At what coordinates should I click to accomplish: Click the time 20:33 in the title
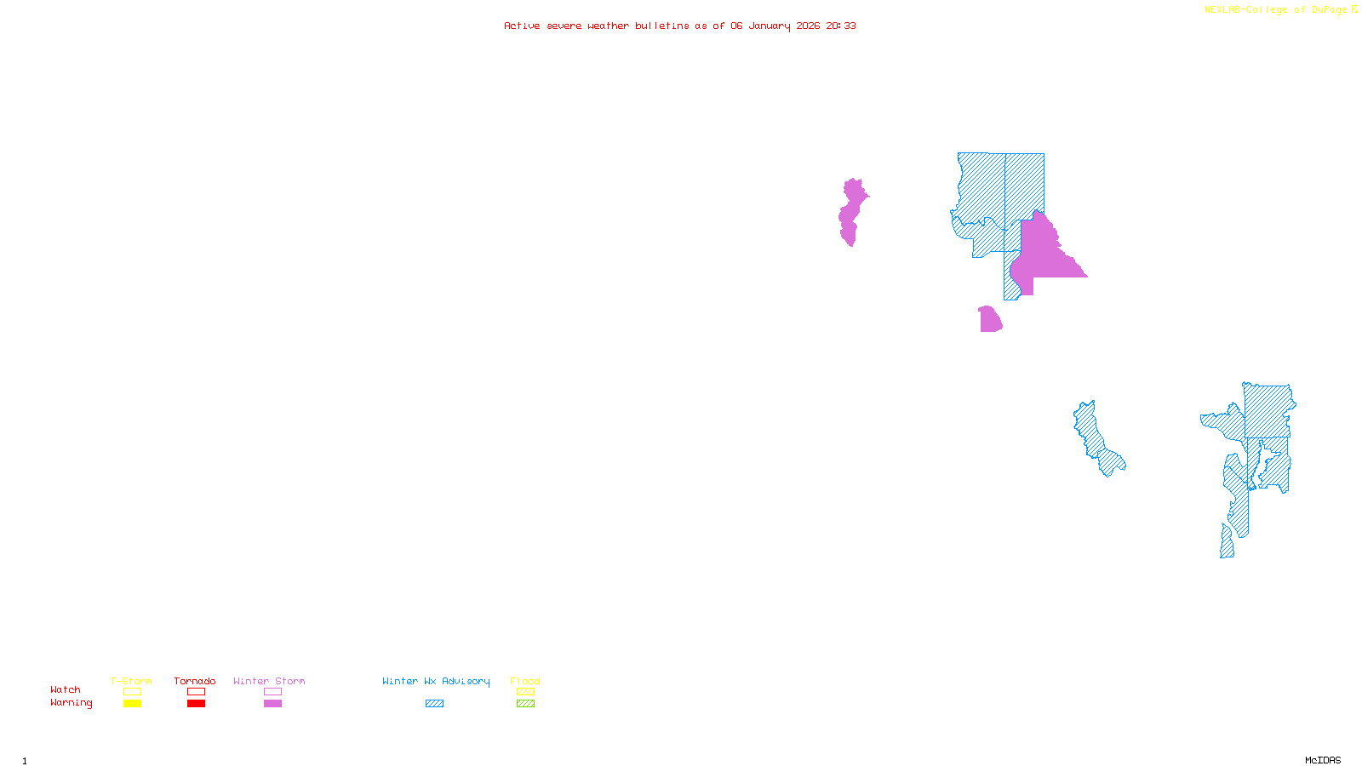click(841, 26)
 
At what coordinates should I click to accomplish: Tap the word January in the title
click(770, 26)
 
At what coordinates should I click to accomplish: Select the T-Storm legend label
click(131, 681)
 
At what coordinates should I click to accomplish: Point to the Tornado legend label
click(195, 681)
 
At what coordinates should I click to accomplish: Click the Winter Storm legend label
click(269, 681)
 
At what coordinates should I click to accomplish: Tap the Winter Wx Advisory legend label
click(436, 681)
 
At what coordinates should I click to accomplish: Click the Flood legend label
click(525, 681)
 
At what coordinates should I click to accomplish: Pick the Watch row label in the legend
click(66, 689)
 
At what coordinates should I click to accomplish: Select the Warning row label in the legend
click(72, 703)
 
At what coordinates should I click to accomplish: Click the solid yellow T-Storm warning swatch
click(132, 704)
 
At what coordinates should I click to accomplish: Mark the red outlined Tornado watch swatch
click(196, 692)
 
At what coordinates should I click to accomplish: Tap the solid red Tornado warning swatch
click(196, 704)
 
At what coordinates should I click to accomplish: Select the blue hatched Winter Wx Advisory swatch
click(434, 704)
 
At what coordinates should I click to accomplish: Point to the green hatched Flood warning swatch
click(525, 704)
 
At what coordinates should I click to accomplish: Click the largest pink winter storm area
click(1043, 255)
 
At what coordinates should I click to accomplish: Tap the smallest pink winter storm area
click(990, 320)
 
